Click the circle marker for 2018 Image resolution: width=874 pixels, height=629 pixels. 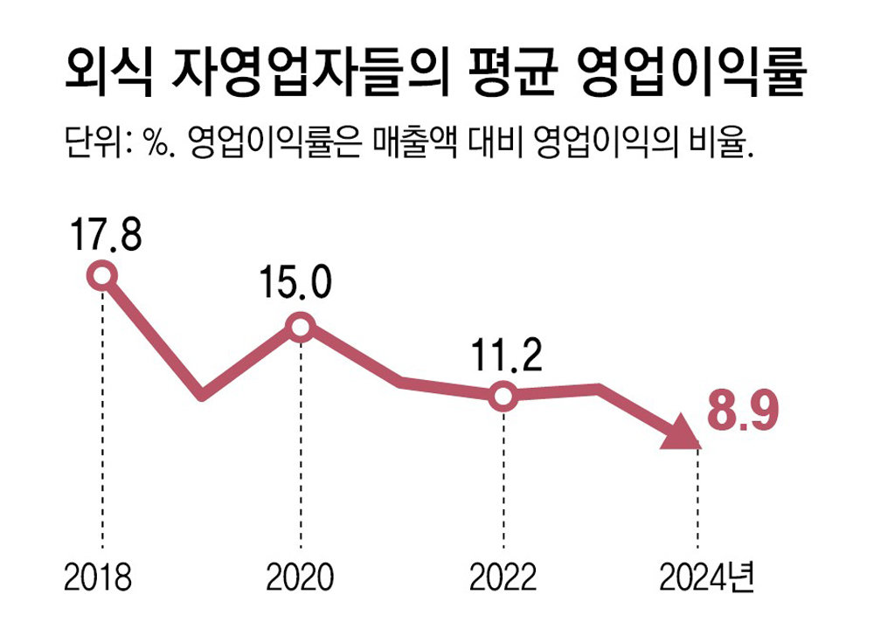click(x=102, y=276)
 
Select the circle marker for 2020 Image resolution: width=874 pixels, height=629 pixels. click(x=301, y=328)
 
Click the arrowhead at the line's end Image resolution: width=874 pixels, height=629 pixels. click(x=681, y=434)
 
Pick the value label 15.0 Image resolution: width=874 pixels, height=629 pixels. click(x=295, y=282)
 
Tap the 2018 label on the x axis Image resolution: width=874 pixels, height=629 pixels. click(x=98, y=578)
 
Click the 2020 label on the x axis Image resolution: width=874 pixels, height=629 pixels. click(x=300, y=578)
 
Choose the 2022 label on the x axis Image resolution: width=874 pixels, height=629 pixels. click(x=503, y=578)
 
